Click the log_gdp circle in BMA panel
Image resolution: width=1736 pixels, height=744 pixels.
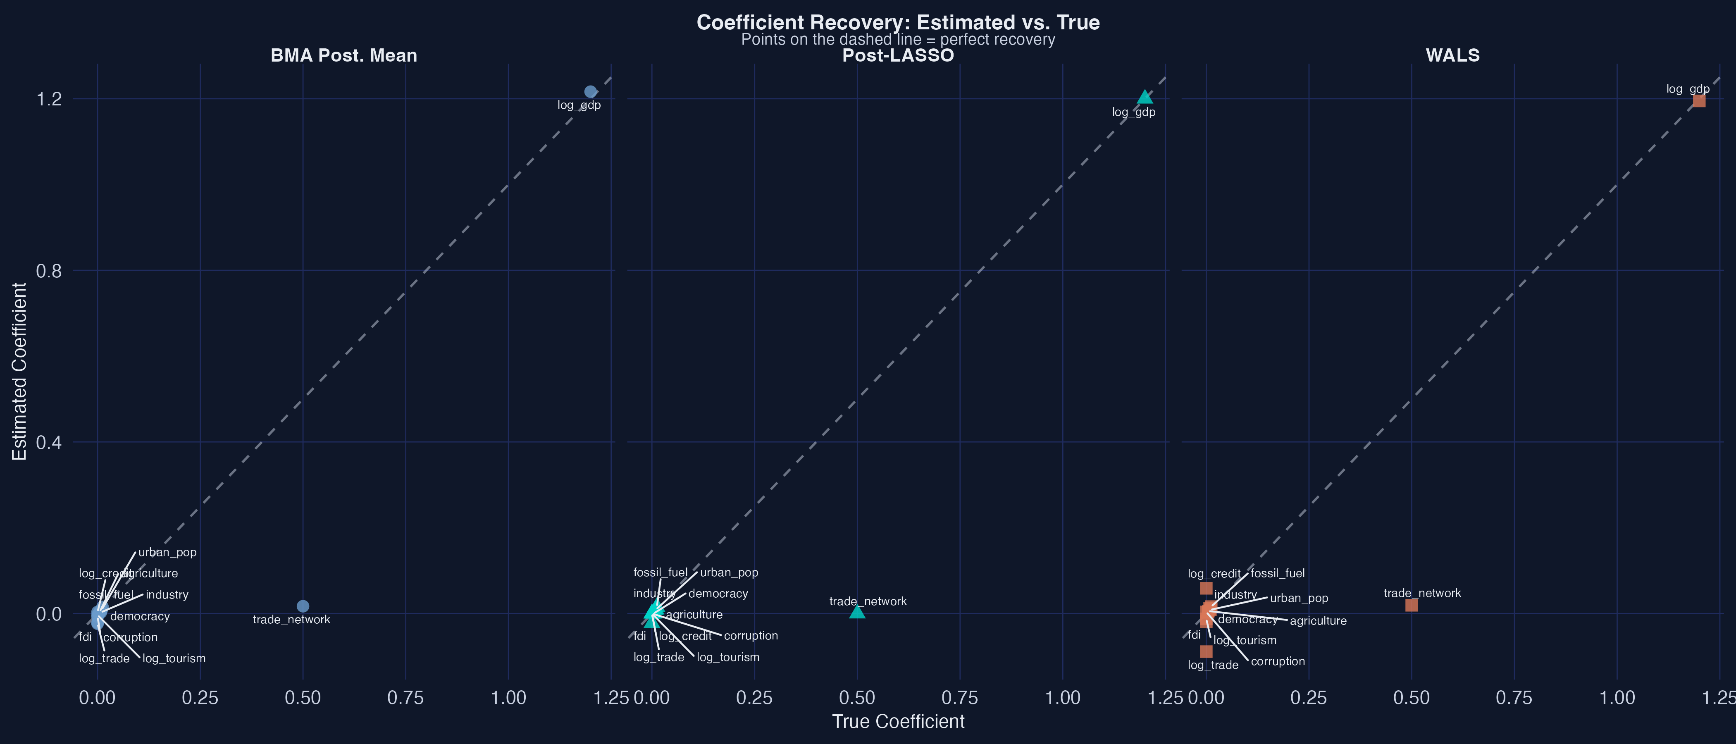[590, 92]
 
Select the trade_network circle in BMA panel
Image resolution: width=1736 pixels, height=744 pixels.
[303, 606]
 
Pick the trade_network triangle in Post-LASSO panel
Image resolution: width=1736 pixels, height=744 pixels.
[856, 612]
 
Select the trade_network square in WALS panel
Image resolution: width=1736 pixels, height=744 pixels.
[1411, 605]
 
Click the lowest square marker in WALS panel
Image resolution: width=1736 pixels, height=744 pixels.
[1206, 651]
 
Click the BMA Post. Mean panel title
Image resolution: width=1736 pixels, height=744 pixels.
[344, 55]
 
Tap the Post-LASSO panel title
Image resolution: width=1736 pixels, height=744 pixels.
[898, 55]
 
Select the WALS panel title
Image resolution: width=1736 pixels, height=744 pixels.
[1452, 55]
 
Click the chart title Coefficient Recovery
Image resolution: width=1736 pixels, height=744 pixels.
[898, 22]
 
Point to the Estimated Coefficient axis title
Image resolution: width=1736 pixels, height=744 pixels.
[19, 371]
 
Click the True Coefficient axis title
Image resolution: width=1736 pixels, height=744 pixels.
[898, 721]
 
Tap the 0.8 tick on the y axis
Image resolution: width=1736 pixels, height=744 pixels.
[48, 271]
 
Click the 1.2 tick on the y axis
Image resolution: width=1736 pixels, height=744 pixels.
[48, 99]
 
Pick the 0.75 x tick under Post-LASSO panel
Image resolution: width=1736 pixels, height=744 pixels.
[960, 698]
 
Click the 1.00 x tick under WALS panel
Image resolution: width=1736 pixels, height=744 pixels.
[1617, 698]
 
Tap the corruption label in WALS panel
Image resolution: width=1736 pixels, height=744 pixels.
[1278, 661]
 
